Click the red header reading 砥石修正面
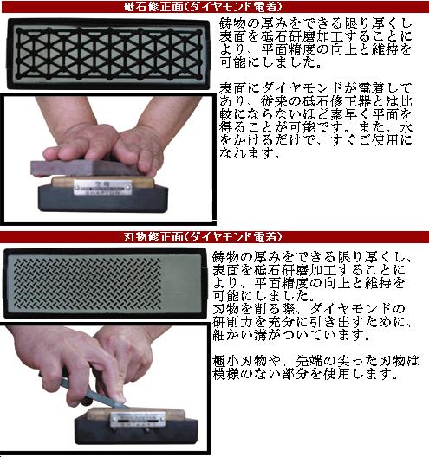[214, 7]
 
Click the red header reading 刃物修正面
[214, 236]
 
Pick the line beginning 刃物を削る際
[308, 309]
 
